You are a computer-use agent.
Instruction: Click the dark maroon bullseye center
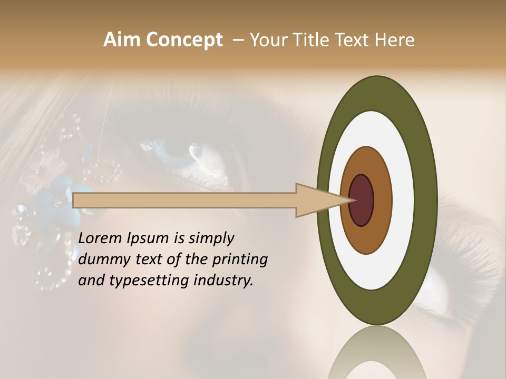361,201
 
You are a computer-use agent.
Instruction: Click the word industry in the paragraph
225,281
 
